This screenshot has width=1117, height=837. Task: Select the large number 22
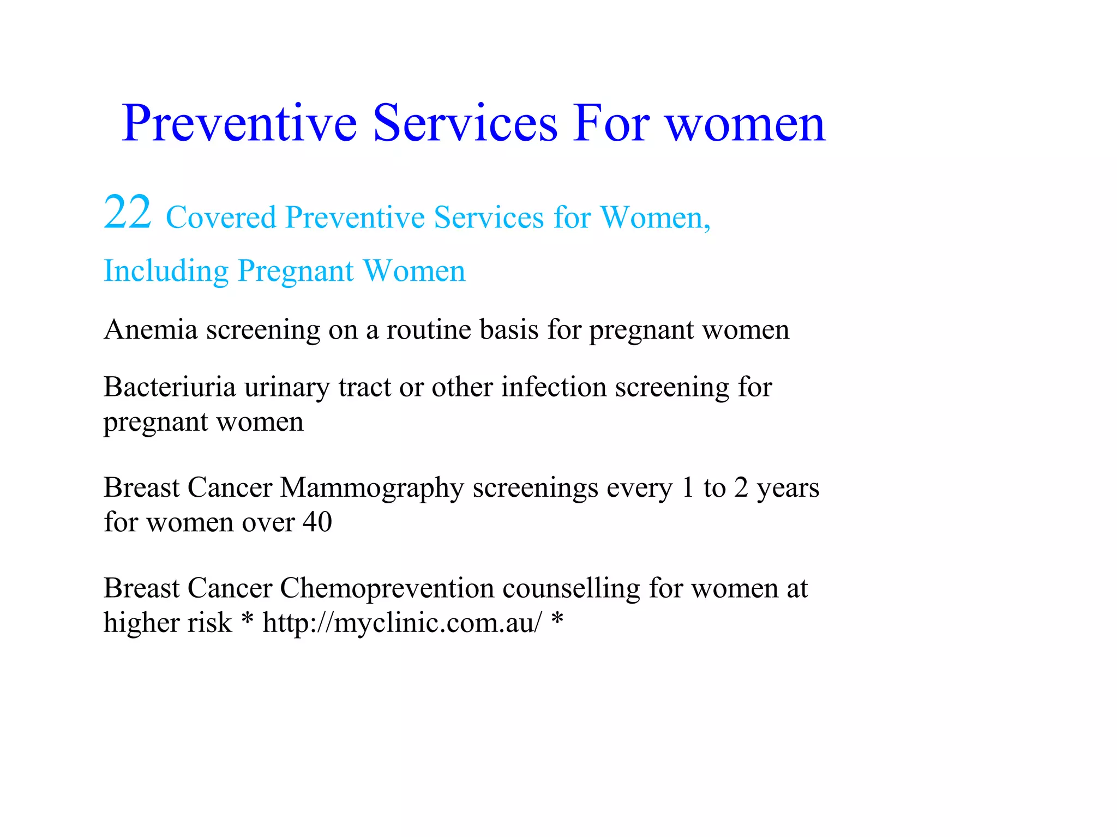click(128, 213)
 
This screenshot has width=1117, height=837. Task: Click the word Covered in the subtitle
click(221, 218)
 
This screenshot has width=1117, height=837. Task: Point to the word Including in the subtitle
click(166, 271)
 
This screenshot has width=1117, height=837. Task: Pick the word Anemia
click(151, 329)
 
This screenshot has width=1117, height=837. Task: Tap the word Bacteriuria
click(170, 387)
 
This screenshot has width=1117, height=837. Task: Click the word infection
click(554, 387)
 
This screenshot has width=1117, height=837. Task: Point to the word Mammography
click(372, 488)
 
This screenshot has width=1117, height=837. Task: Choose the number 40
click(317, 522)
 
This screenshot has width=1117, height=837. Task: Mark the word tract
click(364, 387)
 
